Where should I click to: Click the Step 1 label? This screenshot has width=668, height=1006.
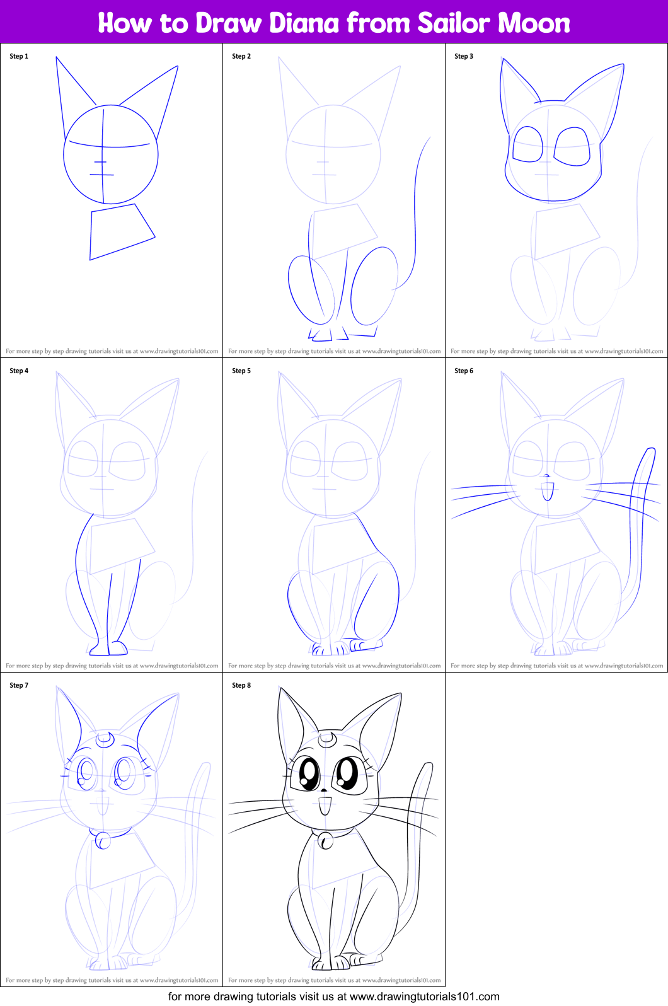coord(19,56)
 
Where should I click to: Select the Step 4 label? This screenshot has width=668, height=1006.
coord(19,371)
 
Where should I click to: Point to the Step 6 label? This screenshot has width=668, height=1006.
coord(464,371)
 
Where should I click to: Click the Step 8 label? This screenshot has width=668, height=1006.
coord(241,685)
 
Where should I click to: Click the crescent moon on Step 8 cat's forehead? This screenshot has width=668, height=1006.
coord(326,738)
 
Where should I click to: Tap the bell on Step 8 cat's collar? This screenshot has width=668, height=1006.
coord(326,840)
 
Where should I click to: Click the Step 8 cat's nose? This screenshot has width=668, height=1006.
coord(325,790)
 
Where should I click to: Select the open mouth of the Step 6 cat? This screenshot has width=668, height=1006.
coord(547,490)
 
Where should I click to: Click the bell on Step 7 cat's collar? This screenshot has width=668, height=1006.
coord(102,840)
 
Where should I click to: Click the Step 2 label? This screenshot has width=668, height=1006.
coord(241,56)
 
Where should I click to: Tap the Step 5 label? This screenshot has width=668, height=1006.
coord(241,371)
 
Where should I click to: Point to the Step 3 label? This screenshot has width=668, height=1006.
coord(464,56)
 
